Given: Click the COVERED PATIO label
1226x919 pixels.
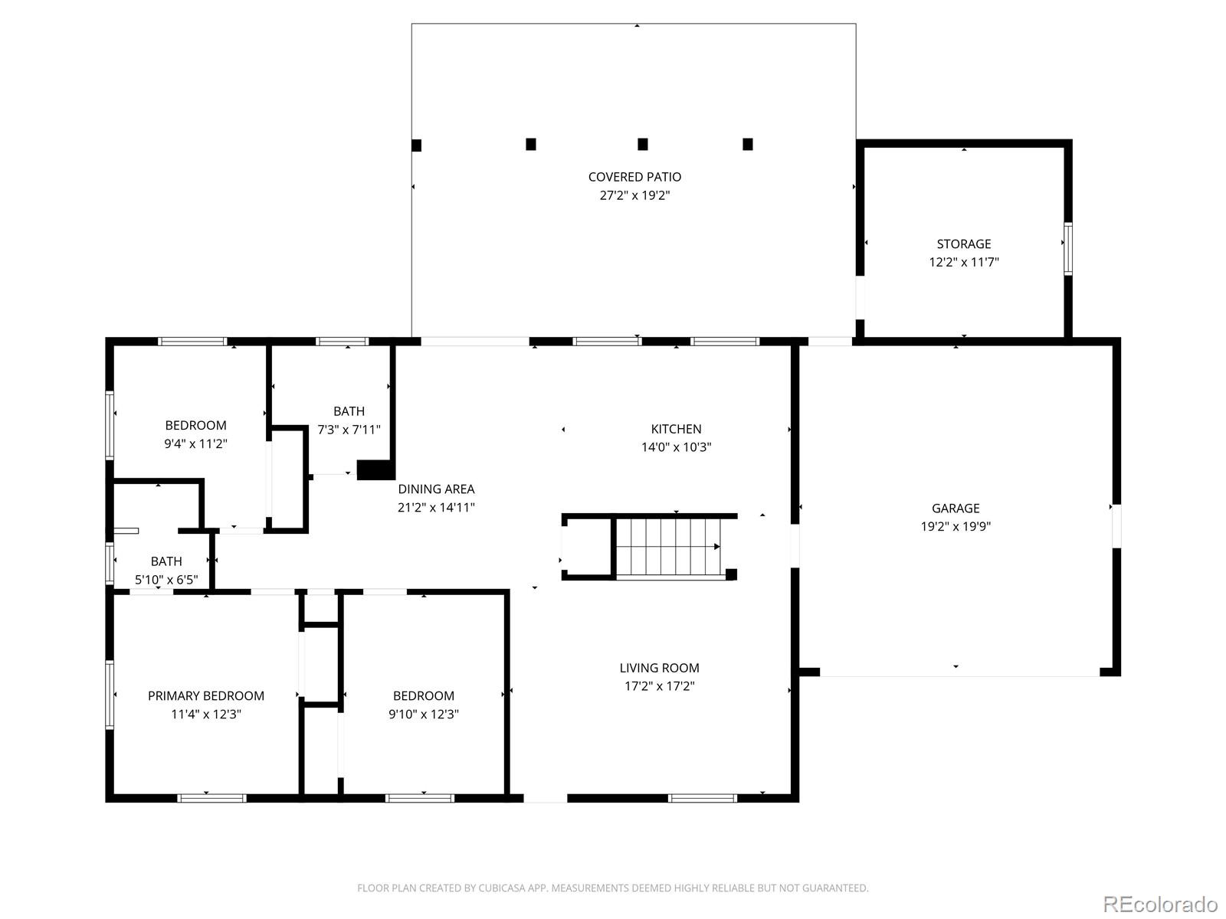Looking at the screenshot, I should pos(634,177).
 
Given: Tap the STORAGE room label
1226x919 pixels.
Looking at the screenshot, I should pos(963,244).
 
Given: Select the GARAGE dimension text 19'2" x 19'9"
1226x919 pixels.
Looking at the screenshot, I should pos(956,526).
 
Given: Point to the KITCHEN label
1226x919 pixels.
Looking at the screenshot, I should pos(676,429).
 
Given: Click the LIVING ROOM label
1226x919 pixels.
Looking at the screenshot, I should pos(659,668).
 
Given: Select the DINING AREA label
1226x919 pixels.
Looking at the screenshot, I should pos(436,489).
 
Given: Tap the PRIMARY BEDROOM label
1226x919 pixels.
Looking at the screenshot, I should pos(205,695).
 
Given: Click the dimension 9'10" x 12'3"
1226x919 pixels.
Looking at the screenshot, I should pos(423,714).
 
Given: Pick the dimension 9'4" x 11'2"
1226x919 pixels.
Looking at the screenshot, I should pos(195,443).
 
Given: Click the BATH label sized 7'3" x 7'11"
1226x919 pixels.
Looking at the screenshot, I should pos(349,411).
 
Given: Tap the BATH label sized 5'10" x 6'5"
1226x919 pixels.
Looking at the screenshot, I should pos(166,561).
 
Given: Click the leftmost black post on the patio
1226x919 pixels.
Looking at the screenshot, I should pos(417,145).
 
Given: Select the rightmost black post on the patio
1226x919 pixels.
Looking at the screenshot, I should pos(748,144).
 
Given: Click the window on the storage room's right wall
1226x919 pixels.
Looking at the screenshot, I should pos(1067,248).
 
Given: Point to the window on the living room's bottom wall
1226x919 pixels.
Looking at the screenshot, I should pos(702,798).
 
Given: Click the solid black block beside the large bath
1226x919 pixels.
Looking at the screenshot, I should pos(375,469).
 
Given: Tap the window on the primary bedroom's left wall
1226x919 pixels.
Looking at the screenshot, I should pos(110,694).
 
